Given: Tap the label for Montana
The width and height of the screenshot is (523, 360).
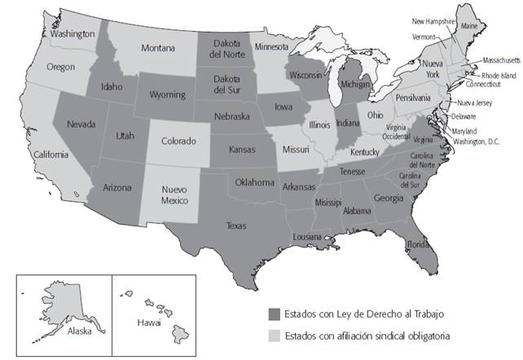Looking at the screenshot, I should (x=158, y=49).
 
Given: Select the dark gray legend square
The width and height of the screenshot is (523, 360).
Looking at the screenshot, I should (x=273, y=314).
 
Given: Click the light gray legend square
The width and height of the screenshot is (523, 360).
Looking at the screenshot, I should (x=273, y=334).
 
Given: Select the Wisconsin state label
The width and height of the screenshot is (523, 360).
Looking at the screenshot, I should (x=305, y=74).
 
